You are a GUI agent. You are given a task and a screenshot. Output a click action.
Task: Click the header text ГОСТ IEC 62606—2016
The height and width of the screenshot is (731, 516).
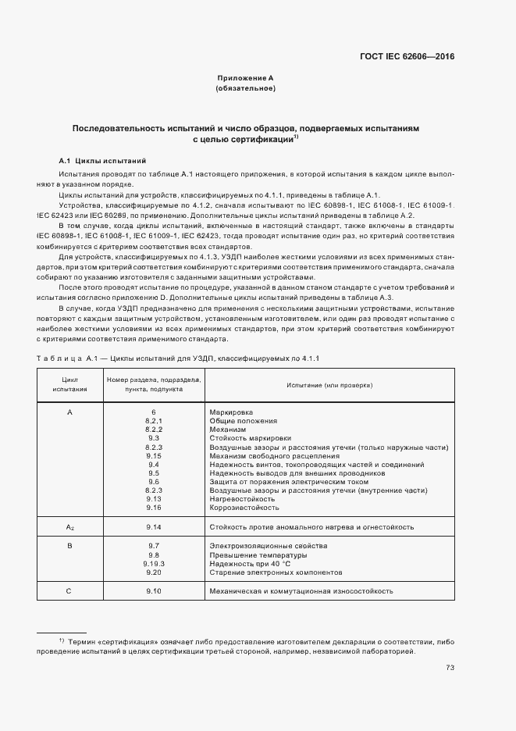pyautogui.click(x=407, y=56)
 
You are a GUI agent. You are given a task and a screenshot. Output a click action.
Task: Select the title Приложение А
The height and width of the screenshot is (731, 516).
pyautogui.click(x=245, y=78)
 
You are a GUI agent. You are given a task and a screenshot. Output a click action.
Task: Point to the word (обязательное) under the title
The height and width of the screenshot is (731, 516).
pyautogui.click(x=245, y=88)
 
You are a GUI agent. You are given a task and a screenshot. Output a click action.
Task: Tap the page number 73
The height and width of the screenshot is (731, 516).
pyautogui.click(x=450, y=667)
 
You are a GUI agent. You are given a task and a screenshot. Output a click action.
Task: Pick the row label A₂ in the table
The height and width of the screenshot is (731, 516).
pyautogui.click(x=69, y=527)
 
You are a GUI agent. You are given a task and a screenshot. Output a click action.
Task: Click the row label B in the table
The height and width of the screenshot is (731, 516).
pyautogui.click(x=69, y=545)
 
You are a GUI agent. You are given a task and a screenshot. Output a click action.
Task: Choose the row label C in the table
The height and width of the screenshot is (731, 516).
pyautogui.click(x=69, y=591)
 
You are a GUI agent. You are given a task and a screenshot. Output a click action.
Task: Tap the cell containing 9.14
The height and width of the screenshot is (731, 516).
pyautogui.click(x=154, y=527)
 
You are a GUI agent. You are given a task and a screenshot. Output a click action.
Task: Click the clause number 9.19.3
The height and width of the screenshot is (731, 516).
pyautogui.click(x=154, y=564)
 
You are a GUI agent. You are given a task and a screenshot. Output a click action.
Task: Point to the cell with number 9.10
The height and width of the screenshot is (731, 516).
pyautogui.click(x=154, y=591)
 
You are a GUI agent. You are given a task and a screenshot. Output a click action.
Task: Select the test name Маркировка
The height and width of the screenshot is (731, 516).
pyautogui.click(x=232, y=412)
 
